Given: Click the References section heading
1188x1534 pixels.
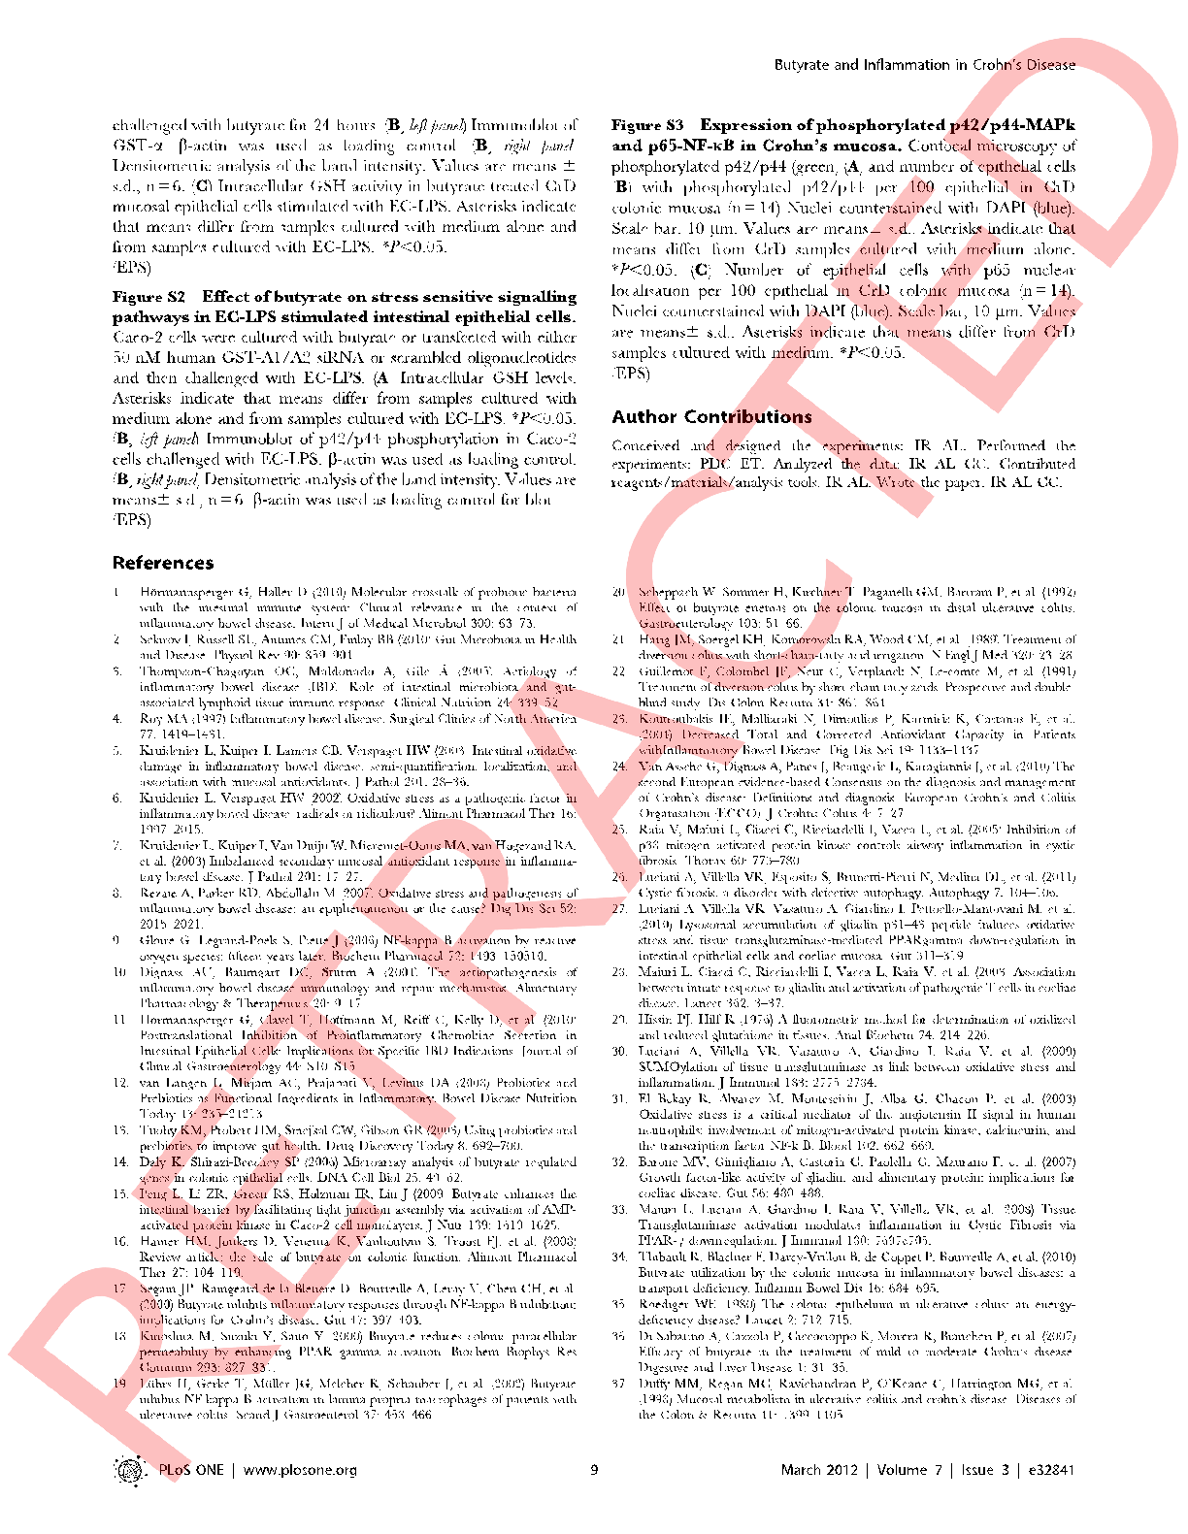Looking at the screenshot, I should click(x=163, y=564).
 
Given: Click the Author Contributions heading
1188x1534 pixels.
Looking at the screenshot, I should click(x=711, y=417).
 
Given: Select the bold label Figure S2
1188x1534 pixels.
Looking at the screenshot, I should click(x=148, y=297).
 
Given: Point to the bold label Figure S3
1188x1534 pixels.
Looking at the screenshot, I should click(x=647, y=125).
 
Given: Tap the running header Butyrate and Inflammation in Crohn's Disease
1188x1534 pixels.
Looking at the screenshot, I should click(x=924, y=65).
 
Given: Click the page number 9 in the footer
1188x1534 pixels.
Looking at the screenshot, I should click(x=594, y=1470).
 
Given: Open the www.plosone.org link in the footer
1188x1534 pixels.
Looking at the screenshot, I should click(x=300, y=1470).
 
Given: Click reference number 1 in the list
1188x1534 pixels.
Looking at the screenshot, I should click(x=116, y=592).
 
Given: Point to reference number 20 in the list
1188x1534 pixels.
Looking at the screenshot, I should click(x=619, y=592).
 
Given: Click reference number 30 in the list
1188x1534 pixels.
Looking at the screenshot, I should click(x=619, y=1052).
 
